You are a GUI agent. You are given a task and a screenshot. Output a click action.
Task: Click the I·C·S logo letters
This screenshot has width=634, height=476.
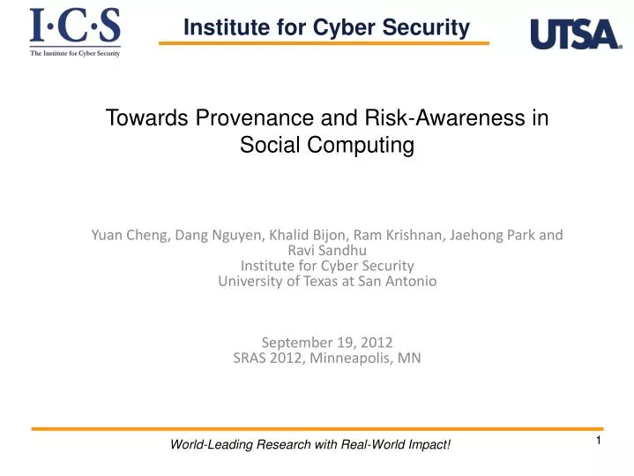tap(75, 26)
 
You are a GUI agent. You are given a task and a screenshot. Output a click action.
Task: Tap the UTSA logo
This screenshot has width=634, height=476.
tap(575, 34)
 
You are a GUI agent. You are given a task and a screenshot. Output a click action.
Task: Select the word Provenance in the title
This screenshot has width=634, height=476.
tap(226, 117)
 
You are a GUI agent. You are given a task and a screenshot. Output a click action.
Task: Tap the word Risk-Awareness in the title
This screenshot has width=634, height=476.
tap(421, 117)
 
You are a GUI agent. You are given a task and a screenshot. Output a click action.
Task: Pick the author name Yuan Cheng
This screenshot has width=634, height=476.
tap(129, 235)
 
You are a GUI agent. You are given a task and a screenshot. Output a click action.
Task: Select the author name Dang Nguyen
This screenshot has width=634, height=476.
tap(213, 235)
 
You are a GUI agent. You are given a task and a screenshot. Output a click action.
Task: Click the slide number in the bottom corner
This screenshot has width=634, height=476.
tap(598, 441)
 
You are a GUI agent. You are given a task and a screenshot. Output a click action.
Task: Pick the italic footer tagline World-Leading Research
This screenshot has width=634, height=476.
tap(310, 444)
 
